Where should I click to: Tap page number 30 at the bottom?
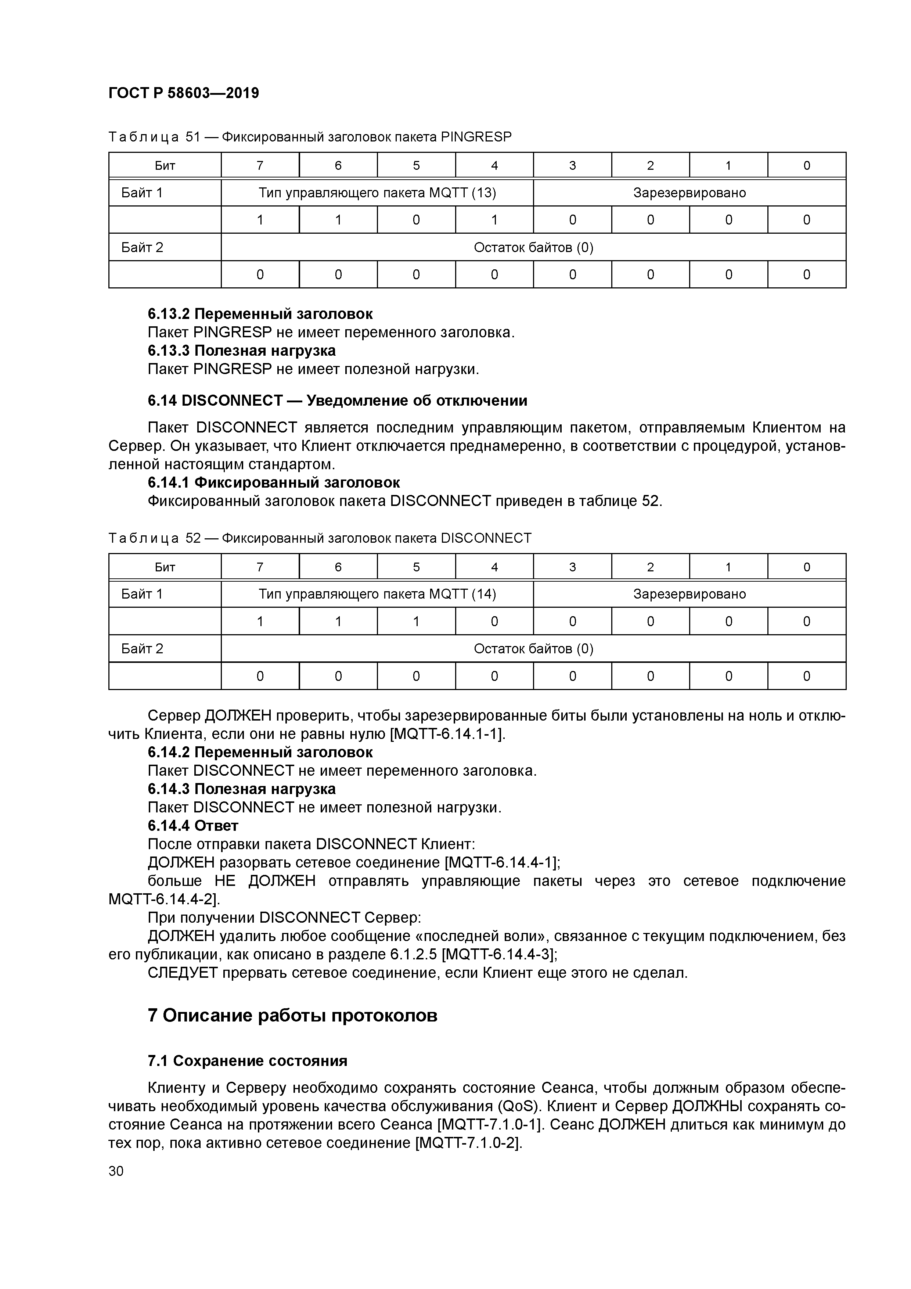click(x=116, y=1171)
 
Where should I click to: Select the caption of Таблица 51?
click(x=310, y=137)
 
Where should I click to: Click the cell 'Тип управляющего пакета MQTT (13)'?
click(x=377, y=193)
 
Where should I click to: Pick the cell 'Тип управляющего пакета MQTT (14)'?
click(x=377, y=594)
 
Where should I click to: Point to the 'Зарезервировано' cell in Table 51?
click(x=689, y=193)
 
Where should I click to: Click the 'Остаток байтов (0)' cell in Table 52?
click(x=533, y=649)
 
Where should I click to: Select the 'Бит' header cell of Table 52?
click(x=165, y=567)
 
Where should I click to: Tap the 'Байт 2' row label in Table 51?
click(x=142, y=247)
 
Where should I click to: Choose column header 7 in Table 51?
click(x=260, y=166)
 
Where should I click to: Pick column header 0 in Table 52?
click(x=807, y=567)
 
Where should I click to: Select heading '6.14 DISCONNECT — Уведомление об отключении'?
click(x=337, y=400)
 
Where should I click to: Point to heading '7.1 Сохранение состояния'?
click(x=248, y=1060)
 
